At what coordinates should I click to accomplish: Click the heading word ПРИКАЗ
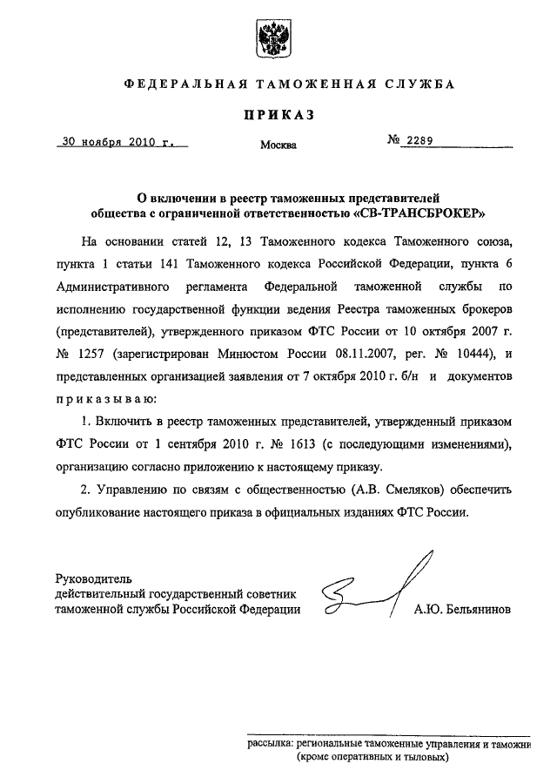pyautogui.click(x=278, y=113)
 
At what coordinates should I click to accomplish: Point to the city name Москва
pyautogui.click(x=278, y=145)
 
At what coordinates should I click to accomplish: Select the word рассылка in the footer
pyautogui.click(x=269, y=745)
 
